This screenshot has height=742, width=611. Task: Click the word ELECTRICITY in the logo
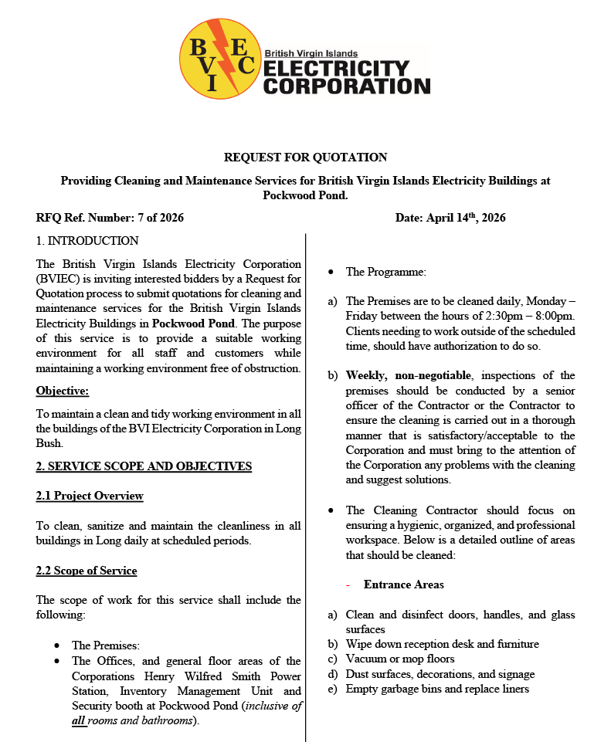(x=336, y=69)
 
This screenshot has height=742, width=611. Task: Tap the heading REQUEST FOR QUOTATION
(x=305, y=158)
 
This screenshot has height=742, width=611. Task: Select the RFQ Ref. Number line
(x=110, y=218)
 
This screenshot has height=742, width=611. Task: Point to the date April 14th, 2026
(x=450, y=218)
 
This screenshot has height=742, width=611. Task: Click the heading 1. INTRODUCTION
(x=87, y=241)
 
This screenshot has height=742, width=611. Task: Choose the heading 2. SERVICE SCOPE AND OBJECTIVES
(x=144, y=466)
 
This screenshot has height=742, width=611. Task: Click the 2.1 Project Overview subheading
(x=90, y=496)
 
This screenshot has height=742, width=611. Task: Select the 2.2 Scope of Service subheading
(x=87, y=571)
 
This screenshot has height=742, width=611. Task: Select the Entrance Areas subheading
(x=404, y=584)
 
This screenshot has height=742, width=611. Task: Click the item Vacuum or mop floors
(x=400, y=659)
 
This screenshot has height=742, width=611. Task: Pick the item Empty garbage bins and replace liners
(x=437, y=689)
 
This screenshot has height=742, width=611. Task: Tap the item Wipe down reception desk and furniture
(x=443, y=644)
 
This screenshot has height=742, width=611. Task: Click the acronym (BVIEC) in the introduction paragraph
(x=58, y=279)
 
